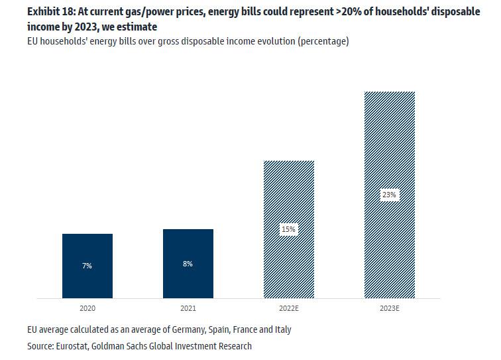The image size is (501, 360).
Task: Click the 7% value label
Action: click(87, 266)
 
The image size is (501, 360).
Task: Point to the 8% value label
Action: click(188, 264)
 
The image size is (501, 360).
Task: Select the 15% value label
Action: click(288, 229)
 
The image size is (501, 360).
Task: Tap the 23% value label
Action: click(389, 195)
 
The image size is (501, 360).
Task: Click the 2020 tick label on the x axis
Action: click(87, 309)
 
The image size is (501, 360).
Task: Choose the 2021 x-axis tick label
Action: click(188, 309)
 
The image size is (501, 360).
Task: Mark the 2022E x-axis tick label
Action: click(288, 309)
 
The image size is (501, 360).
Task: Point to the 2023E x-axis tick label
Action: click(389, 309)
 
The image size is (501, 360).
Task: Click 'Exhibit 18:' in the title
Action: click(50, 13)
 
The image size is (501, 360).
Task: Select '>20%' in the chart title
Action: click(347, 13)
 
